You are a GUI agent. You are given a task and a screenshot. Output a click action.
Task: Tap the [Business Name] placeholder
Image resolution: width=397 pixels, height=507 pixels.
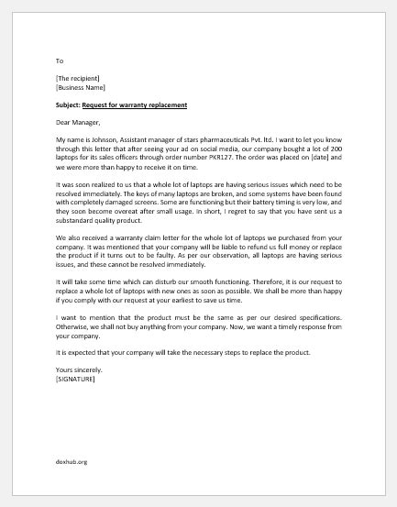tap(80, 88)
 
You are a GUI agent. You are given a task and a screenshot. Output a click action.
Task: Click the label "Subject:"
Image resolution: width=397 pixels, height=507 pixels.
tap(70, 105)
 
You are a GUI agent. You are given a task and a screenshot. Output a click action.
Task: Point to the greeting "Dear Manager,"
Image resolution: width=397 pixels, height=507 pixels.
tap(79, 123)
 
